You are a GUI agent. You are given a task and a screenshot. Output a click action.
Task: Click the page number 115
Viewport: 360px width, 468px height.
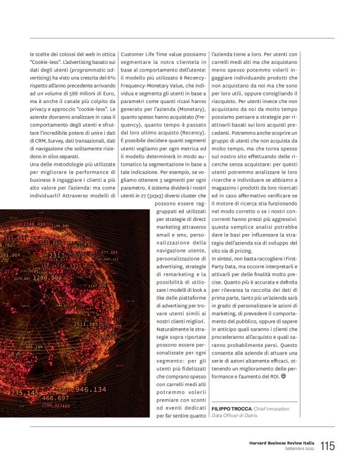tap(328, 446)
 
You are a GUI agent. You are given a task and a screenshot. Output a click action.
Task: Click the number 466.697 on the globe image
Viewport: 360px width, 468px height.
tap(55, 397)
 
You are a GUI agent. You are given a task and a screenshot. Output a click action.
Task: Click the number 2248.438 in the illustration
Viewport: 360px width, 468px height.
tap(34, 224)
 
